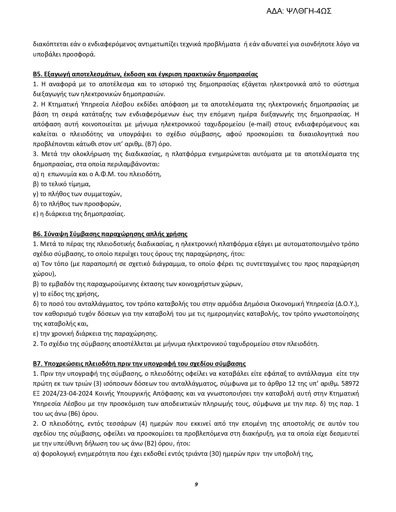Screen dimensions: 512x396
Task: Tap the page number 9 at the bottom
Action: click(x=196, y=484)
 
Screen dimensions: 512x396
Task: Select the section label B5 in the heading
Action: click(x=37, y=74)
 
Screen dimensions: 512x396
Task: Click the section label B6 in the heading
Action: click(x=37, y=234)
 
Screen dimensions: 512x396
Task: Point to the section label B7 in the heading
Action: click(x=37, y=364)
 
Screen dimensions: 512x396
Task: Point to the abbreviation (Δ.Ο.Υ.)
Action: click(x=348, y=304)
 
